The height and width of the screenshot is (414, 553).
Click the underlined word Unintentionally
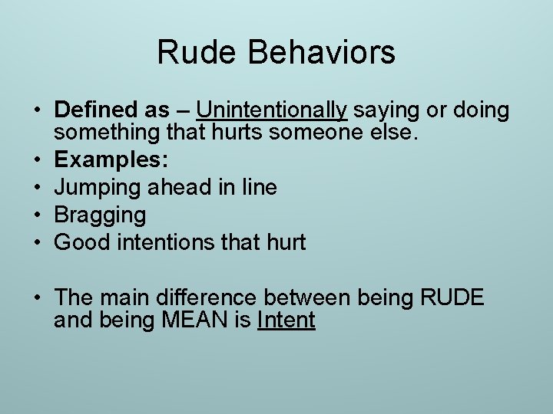pos(272,110)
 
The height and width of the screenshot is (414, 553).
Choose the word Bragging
pos(100,216)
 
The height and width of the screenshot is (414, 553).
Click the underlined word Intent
pos(286,320)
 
